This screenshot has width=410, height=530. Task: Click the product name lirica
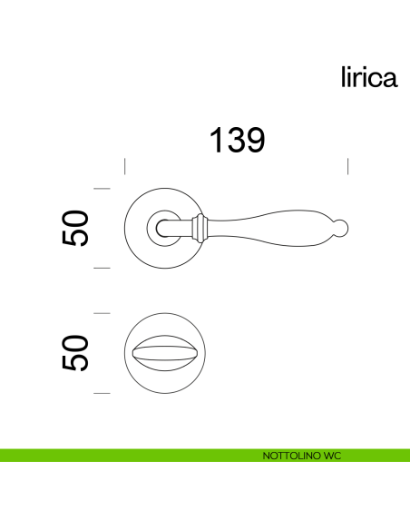pos(368,78)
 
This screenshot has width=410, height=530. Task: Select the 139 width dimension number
pos(237,141)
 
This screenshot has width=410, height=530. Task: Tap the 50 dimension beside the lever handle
pos(76,228)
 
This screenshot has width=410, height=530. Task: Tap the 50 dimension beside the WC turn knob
pos(76,352)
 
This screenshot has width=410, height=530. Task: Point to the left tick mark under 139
pos(124,165)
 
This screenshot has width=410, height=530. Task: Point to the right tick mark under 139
pos(349,165)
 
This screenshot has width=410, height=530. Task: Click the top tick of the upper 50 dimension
pos(102,189)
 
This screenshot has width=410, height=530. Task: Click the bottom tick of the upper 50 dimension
pos(102,268)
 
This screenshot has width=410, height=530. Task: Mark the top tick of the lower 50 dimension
pos(102,313)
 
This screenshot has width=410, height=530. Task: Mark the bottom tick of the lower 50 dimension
pos(102,393)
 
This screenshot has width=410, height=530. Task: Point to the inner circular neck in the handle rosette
pos(169,227)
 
